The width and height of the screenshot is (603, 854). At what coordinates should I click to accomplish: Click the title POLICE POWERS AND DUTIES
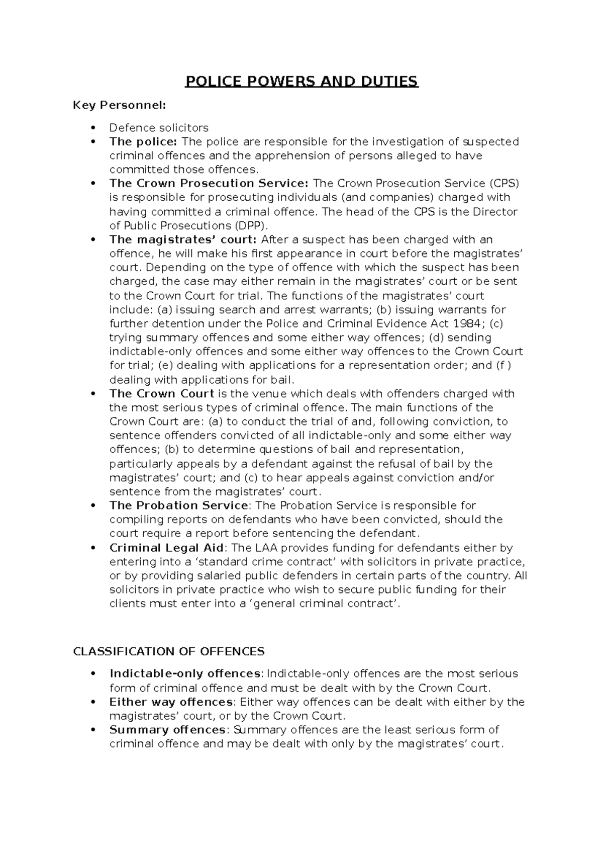click(x=301, y=81)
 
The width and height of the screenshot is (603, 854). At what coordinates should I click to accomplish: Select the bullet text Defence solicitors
click(x=159, y=128)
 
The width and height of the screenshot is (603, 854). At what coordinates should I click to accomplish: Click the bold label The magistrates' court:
click(x=183, y=239)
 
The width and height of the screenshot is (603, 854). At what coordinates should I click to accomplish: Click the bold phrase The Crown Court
click(x=162, y=394)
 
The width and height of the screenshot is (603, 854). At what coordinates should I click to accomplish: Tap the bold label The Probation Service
click(x=178, y=505)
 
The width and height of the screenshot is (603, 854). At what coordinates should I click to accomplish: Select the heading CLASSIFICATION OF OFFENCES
click(x=168, y=652)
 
